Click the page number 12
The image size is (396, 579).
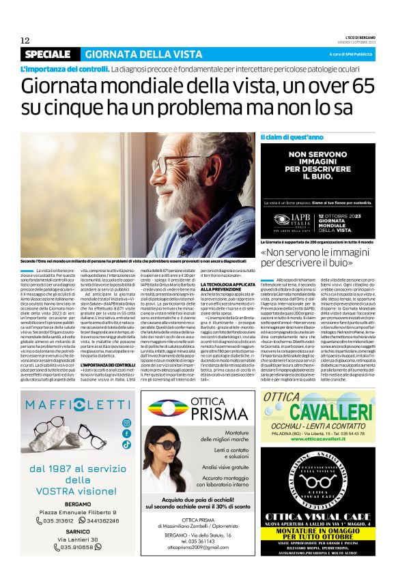pos(25,40)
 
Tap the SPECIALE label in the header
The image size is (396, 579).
pos(47,54)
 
